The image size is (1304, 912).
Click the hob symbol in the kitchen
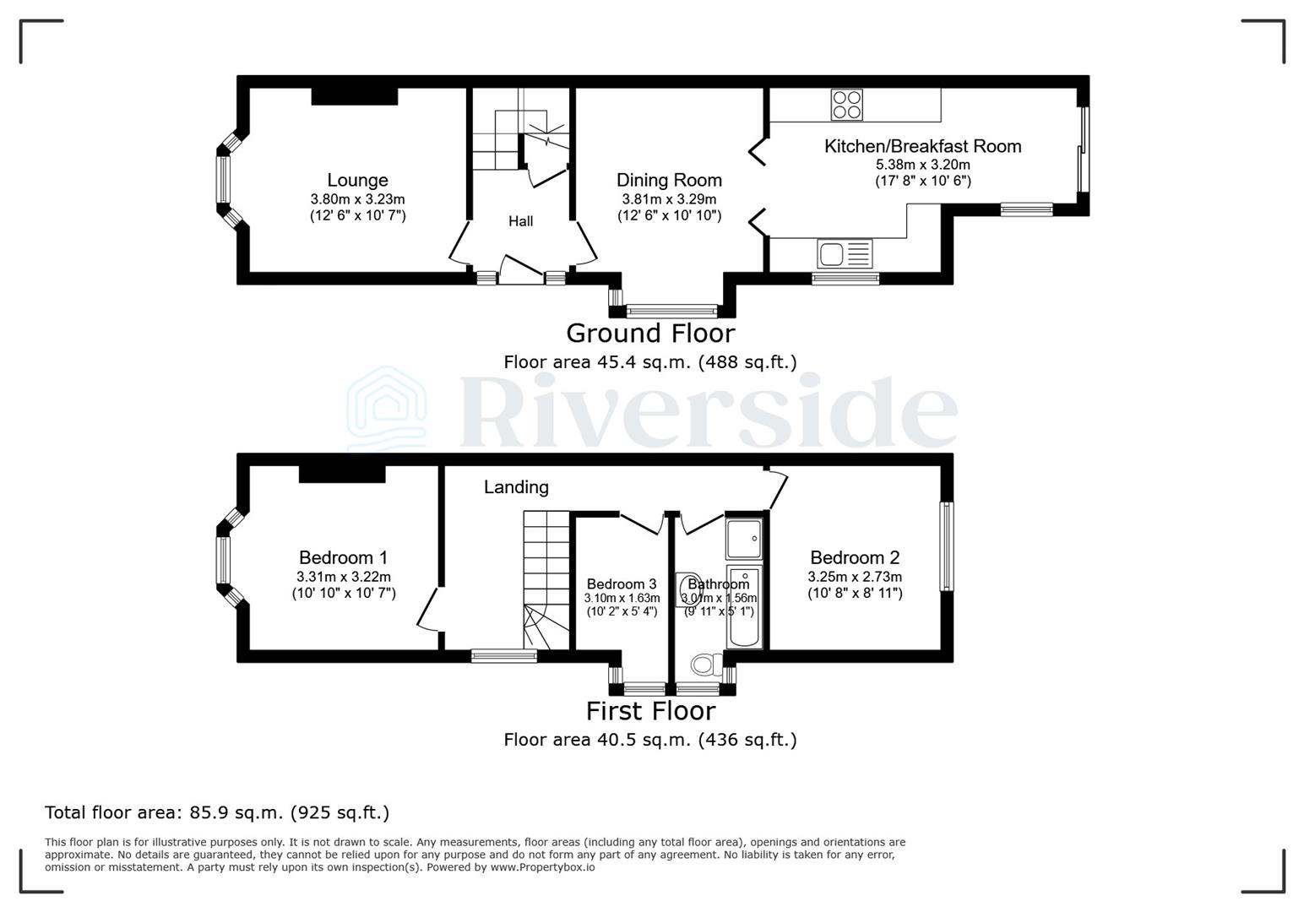846,105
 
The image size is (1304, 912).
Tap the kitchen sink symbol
844,253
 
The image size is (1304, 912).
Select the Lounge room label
357,180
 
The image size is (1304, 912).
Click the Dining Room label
669,180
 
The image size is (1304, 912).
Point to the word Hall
520,221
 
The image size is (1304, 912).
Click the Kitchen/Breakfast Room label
922,146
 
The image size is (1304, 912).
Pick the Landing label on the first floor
516,487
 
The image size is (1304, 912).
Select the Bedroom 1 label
343,557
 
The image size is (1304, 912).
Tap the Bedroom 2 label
854,557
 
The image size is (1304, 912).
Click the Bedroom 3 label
622,584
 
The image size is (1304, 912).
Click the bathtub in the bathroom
744,606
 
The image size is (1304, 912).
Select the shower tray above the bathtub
744,538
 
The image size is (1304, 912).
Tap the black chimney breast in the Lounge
354,95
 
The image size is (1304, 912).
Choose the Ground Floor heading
649,333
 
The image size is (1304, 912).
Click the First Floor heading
649,710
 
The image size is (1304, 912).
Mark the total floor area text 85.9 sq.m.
217,812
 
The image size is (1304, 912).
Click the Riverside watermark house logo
387,410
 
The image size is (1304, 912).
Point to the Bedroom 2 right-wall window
947,546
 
